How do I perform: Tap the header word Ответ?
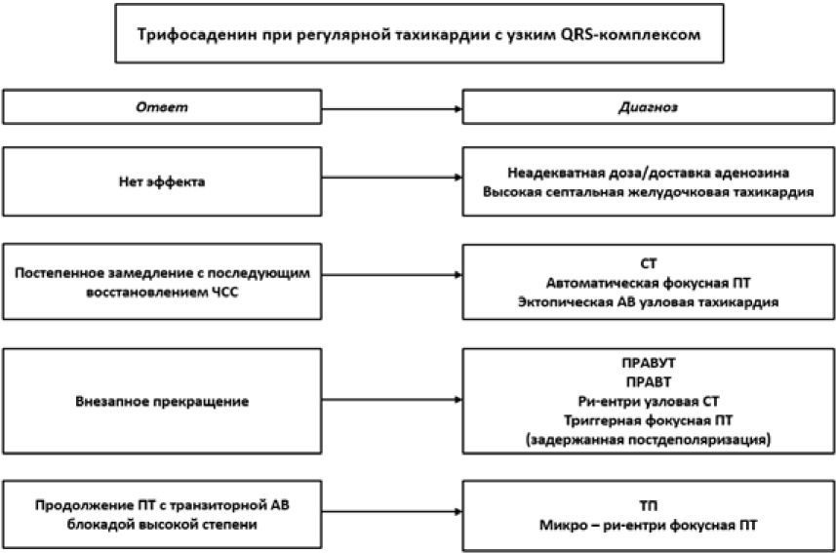162,107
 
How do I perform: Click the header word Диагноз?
649,107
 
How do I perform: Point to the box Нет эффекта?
162,181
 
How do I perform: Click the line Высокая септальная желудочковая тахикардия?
649,192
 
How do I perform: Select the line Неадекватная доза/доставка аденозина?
649,173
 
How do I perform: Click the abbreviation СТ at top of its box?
649,263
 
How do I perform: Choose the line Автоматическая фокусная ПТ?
649,283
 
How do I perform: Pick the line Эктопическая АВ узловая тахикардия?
649,302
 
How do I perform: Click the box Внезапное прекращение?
162,401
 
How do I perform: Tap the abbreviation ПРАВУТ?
649,363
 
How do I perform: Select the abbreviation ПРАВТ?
649,381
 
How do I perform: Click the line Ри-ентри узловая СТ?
649,401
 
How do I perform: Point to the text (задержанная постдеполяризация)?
649,440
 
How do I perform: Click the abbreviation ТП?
649,505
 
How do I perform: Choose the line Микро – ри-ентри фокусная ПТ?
649,526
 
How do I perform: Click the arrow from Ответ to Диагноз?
392,109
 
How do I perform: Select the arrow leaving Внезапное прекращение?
392,400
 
